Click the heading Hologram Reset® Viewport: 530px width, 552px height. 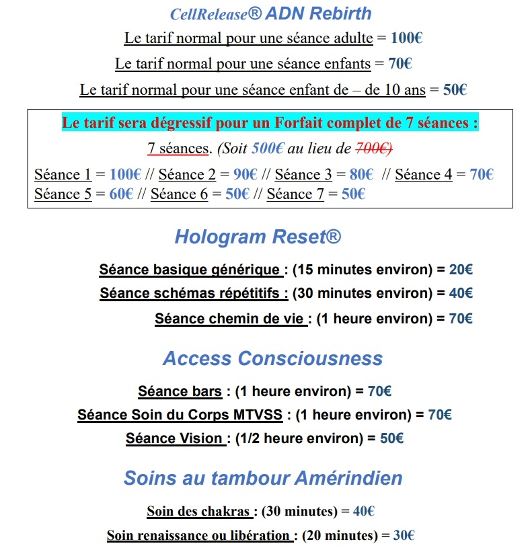point(258,237)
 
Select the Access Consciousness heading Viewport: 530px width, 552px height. point(272,358)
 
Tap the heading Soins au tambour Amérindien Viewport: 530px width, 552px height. point(263,478)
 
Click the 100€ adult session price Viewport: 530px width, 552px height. point(406,38)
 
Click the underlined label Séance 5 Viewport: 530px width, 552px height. point(62,194)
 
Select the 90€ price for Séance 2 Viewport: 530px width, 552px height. point(245,175)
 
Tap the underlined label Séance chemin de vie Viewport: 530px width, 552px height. point(229,319)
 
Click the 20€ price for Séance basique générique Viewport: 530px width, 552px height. point(461,270)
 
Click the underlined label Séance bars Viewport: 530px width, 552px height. point(180,391)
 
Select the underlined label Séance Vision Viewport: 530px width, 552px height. point(174,438)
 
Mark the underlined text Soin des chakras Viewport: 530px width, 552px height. point(199,512)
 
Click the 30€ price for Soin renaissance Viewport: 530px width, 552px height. point(404,536)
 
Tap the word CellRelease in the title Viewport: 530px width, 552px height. point(205,14)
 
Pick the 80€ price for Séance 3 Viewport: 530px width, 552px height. point(361,175)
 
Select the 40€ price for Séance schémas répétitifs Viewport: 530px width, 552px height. point(461,293)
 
